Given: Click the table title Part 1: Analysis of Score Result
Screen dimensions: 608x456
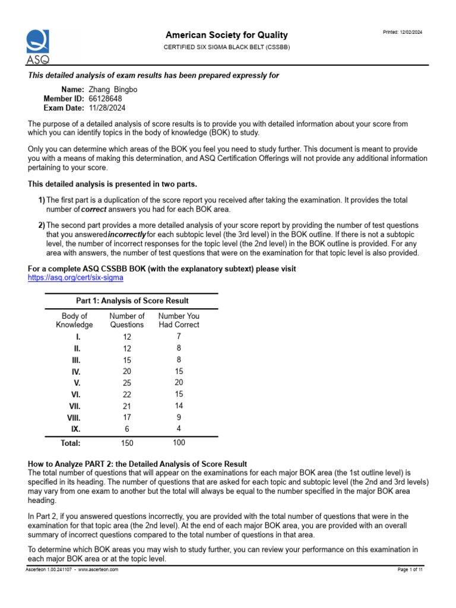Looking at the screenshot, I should click(132, 301).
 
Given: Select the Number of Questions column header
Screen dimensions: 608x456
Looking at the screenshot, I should click(127, 321).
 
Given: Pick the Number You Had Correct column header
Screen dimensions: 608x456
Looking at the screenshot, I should click(179, 321).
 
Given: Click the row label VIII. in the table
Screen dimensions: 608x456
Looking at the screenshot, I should click(74, 417).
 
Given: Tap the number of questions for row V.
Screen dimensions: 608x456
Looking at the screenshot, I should click(127, 383).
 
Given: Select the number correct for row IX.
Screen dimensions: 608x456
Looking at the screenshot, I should click(179, 428).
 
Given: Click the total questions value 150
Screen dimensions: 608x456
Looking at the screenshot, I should click(127, 443).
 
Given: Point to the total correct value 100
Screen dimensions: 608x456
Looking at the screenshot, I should click(179, 442).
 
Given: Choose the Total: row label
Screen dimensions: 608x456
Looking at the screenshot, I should click(70, 443).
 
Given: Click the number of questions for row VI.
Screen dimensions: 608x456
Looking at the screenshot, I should click(127, 394).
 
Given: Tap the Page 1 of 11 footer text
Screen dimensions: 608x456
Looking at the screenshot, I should click(410, 569).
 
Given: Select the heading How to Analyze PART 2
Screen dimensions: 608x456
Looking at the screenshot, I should click(137, 463).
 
